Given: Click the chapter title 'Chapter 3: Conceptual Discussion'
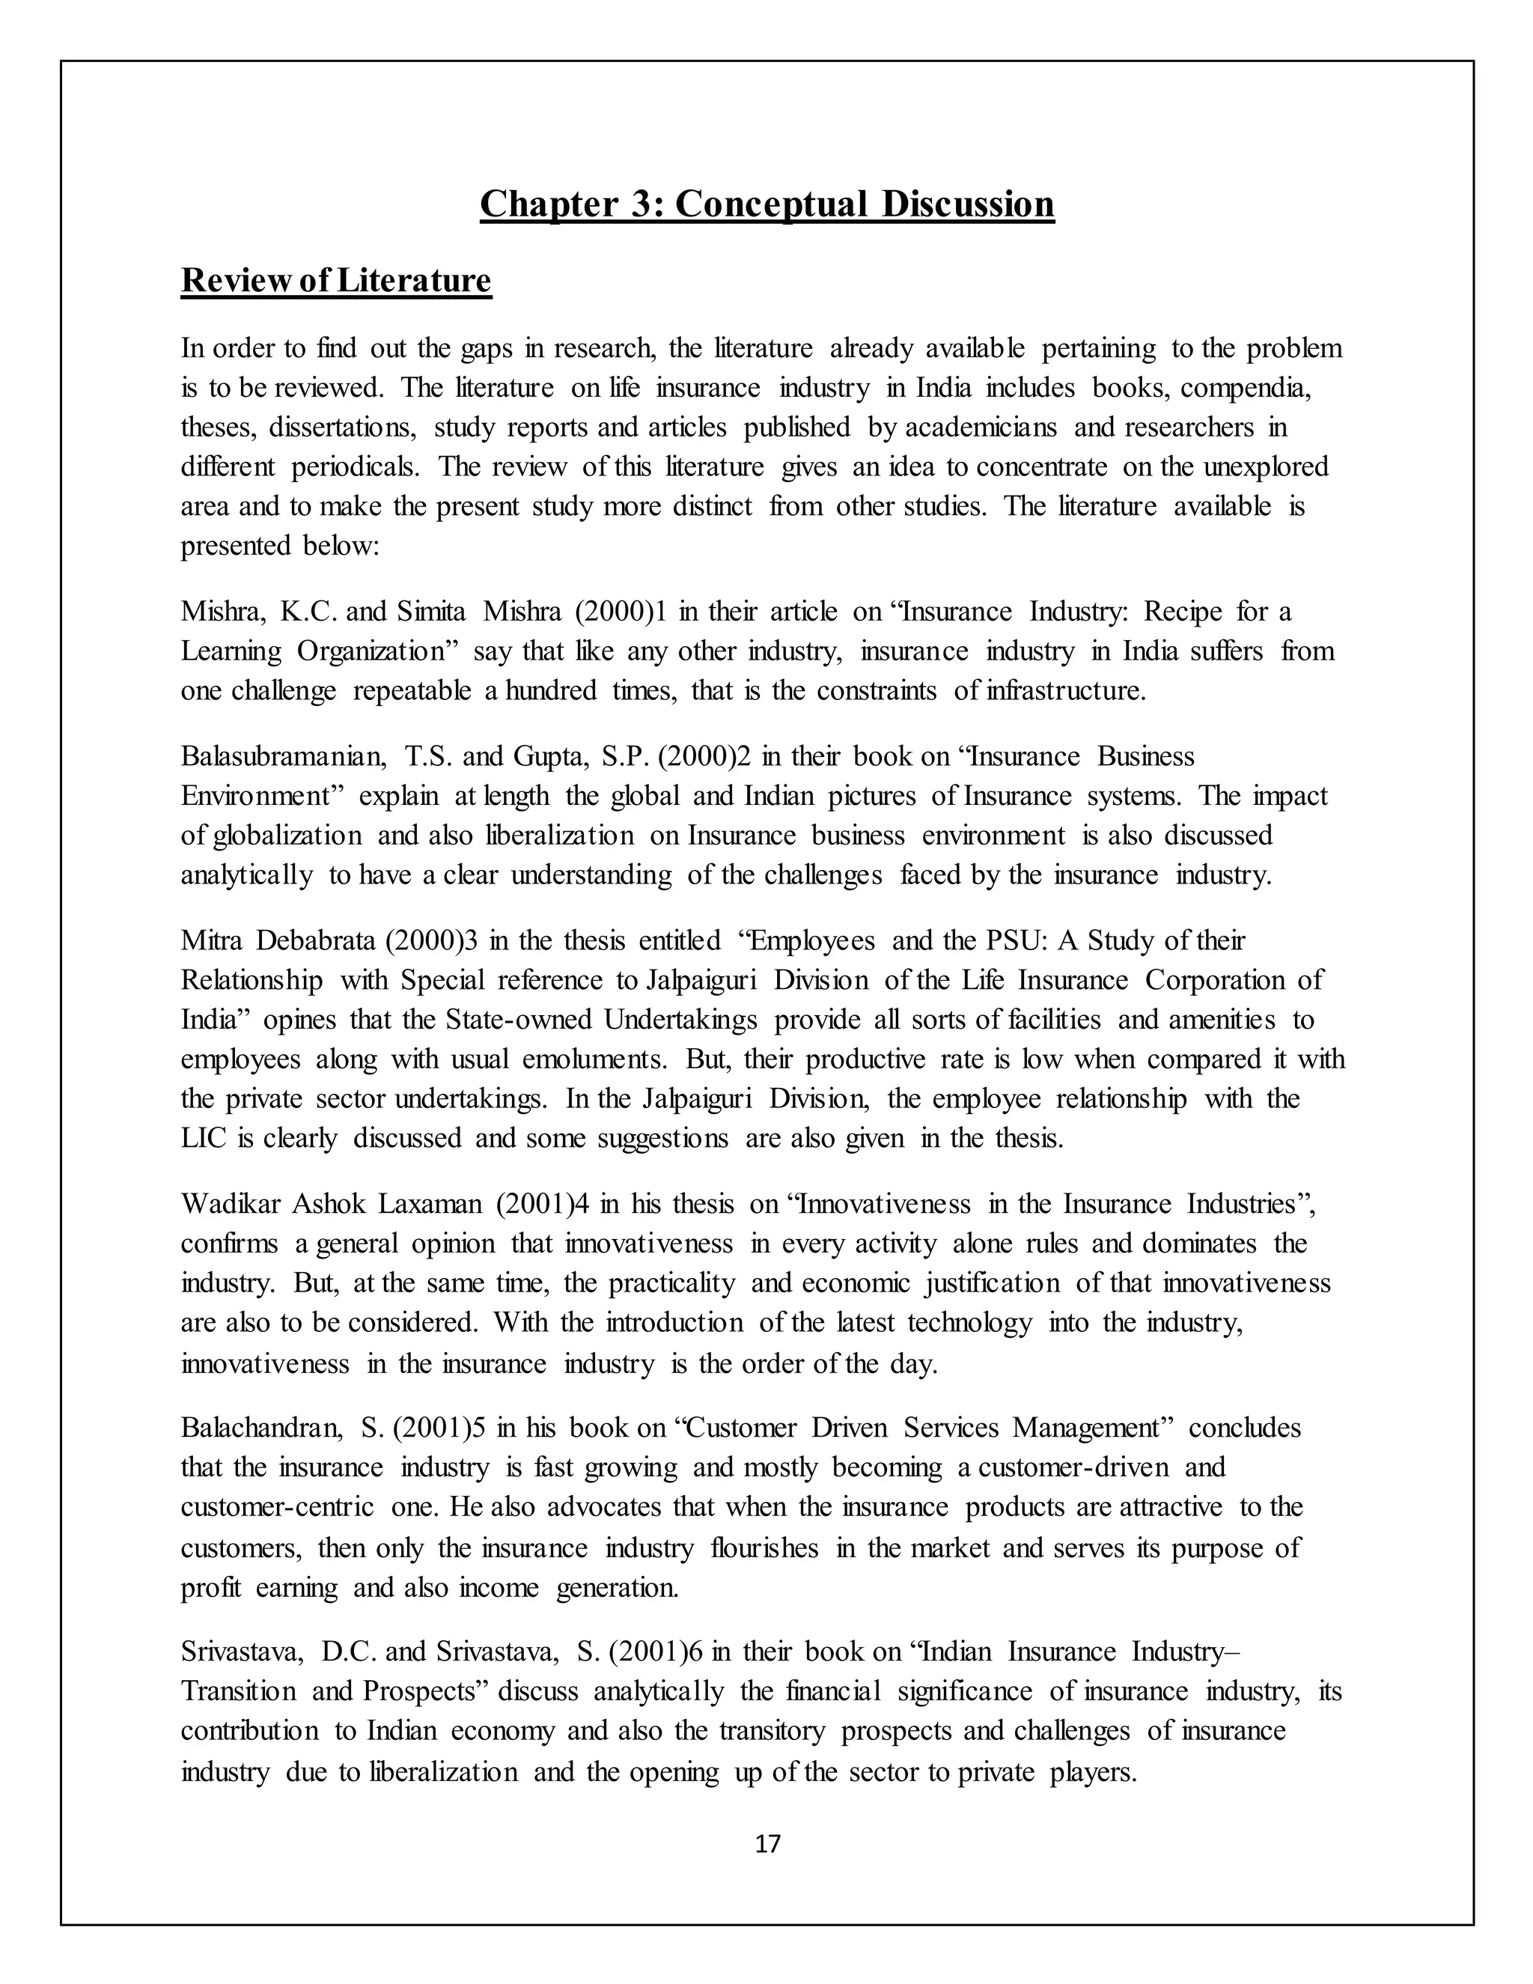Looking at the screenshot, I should [x=766, y=204].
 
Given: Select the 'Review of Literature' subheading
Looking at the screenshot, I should [x=336, y=280].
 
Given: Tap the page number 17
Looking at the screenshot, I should [x=767, y=1843].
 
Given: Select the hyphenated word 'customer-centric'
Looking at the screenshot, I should [x=277, y=1507].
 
